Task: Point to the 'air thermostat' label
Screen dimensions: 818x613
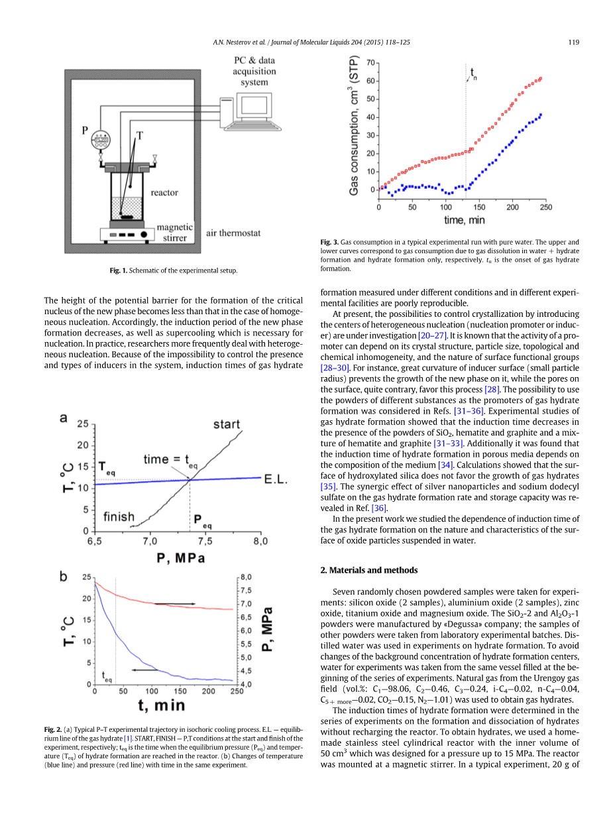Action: (233, 233)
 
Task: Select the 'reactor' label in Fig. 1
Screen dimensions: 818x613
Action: (164, 192)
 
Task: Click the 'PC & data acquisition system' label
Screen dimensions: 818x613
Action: (254, 71)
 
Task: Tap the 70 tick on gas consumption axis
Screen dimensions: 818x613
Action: (371, 63)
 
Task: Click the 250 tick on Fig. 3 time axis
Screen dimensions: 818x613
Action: (545, 207)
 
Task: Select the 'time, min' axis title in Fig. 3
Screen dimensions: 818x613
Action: (464, 219)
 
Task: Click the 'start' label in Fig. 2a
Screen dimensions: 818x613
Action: (226, 424)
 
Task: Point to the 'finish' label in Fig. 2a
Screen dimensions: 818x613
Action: (119, 516)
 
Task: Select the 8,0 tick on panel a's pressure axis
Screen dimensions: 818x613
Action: (260, 541)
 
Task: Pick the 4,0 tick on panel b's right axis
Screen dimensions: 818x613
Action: (246, 684)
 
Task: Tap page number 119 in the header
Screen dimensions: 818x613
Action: (574, 42)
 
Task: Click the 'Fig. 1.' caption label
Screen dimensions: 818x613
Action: (119, 270)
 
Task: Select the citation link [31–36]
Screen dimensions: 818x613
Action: (467, 411)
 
